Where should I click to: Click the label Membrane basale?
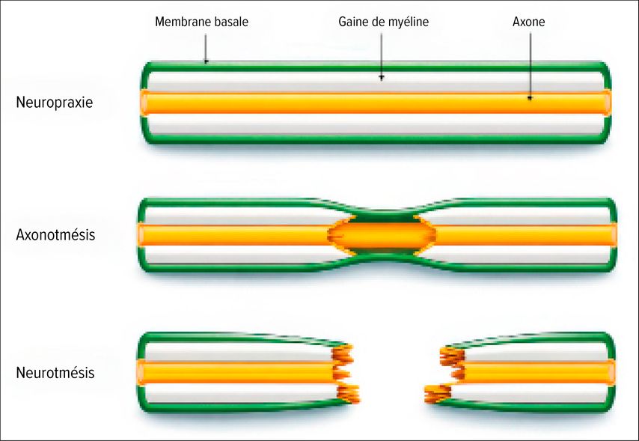coord(202,22)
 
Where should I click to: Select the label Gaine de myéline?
coord(384,22)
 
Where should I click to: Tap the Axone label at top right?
coord(528,22)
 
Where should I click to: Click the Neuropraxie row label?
coord(54,102)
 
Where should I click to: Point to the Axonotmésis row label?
coord(55,234)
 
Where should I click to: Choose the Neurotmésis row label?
coord(55,372)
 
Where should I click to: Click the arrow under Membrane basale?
coord(206,49)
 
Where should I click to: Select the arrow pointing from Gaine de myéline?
coord(382,57)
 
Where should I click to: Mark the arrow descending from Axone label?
coord(530,67)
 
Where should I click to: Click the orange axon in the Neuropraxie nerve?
coord(375,103)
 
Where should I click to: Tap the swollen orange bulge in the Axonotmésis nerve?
coord(382,235)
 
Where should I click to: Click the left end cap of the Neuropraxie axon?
coord(144,103)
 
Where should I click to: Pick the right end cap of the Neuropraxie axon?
coord(608,103)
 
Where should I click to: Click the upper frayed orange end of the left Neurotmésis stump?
coord(343,353)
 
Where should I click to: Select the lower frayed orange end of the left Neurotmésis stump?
coord(349,394)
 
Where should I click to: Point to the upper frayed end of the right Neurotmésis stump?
coord(452,356)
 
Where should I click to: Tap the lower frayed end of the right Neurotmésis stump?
coord(438,394)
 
